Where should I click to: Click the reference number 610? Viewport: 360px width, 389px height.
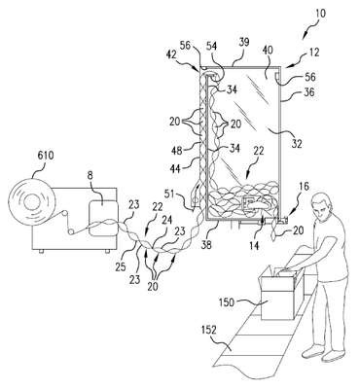pyautogui.click(x=46, y=156)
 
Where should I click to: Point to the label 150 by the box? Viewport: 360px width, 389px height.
pyautogui.click(x=227, y=302)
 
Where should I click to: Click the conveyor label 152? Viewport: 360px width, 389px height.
pyautogui.click(x=208, y=330)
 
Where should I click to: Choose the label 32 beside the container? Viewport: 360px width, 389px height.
pyautogui.click(x=297, y=143)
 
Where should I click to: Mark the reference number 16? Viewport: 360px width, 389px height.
pyautogui.click(x=303, y=187)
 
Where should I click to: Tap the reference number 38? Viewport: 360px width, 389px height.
pyautogui.click(x=206, y=244)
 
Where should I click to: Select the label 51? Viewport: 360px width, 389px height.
pyautogui.click(x=177, y=194)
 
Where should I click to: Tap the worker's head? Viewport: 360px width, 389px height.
pyautogui.click(x=322, y=208)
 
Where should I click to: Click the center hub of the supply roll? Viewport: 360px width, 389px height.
pyautogui.click(x=32, y=202)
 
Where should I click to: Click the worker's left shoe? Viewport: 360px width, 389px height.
pyautogui.click(x=313, y=350)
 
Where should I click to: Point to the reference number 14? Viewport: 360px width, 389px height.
pyautogui.click(x=255, y=245)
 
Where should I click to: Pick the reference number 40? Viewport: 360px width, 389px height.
pyautogui.click(x=268, y=51)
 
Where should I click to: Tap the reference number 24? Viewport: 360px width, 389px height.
pyautogui.click(x=165, y=222)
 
